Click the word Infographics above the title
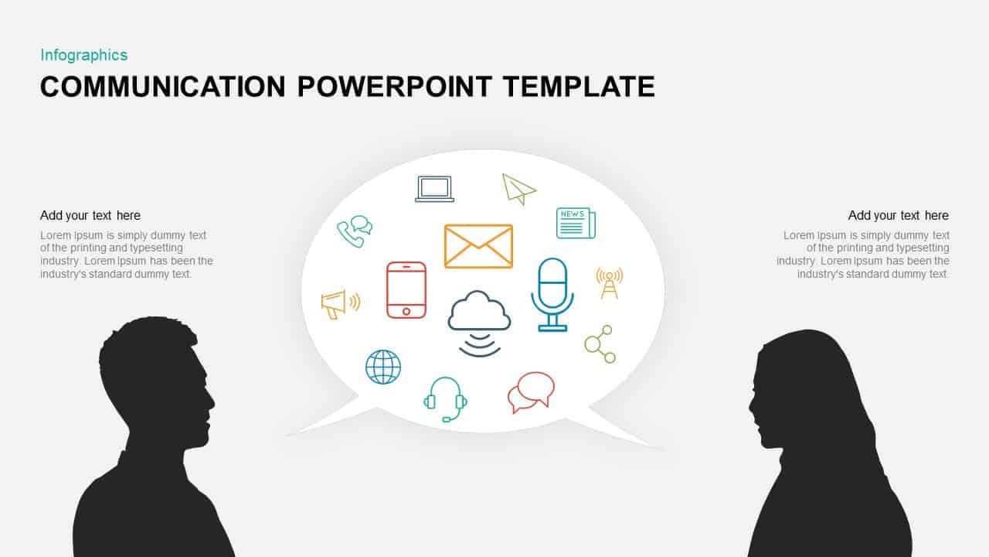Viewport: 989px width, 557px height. [x=84, y=55]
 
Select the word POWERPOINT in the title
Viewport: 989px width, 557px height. [x=395, y=86]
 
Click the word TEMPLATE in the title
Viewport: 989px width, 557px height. [x=579, y=86]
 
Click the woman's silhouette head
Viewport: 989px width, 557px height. [x=799, y=389]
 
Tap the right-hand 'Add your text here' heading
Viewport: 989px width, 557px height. [x=898, y=215]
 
